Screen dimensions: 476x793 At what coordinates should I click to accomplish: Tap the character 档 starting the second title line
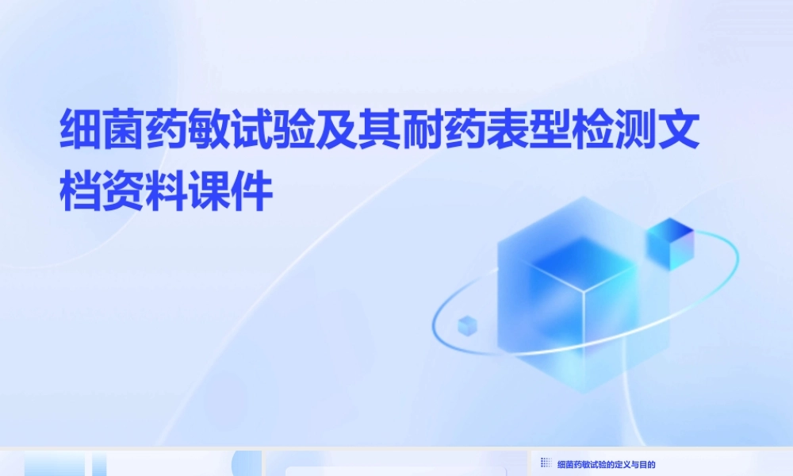[82, 192]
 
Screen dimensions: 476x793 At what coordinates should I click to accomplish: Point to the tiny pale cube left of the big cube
[468, 324]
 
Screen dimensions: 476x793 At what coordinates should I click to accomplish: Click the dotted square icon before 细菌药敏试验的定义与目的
[546, 463]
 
